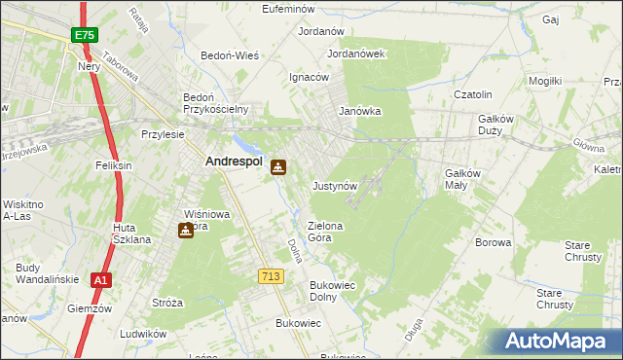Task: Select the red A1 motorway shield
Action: click(x=100, y=280)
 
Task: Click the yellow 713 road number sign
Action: click(x=272, y=277)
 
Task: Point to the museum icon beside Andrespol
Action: click(x=279, y=166)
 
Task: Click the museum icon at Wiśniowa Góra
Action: click(x=185, y=231)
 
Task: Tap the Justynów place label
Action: click(x=336, y=185)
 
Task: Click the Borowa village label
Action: click(x=493, y=242)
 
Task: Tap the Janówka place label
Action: click(x=359, y=111)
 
